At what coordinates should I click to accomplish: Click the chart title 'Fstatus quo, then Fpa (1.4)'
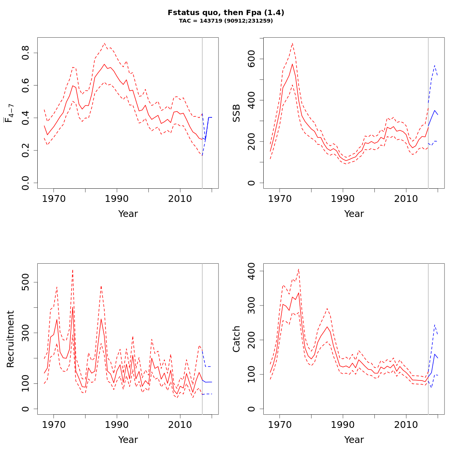(226, 12)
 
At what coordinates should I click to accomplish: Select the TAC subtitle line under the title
(226, 21)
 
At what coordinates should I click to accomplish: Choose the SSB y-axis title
(237, 113)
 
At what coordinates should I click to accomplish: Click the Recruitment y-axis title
(11, 339)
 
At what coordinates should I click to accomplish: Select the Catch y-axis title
(237, 339)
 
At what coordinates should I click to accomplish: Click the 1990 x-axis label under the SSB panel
(343, 199)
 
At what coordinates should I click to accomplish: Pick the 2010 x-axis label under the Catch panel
(406, 425)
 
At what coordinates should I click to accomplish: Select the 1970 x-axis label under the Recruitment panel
(54, 425)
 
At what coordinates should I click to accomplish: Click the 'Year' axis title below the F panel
(128, 214)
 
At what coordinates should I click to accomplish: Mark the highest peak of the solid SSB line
(292, 64)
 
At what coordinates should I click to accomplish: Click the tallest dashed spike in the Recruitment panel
(73, 270)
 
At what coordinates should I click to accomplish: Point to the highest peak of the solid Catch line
(299, 293)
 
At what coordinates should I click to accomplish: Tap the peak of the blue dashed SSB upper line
(435, 65)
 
